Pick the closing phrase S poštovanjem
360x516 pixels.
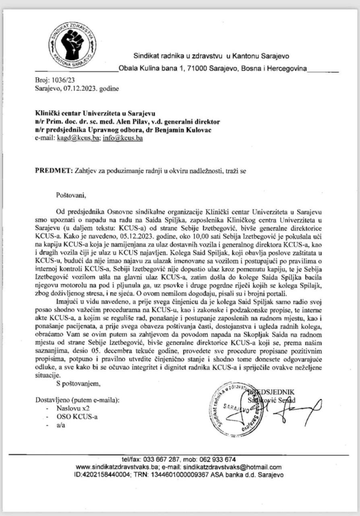click(x=79, y=383)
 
